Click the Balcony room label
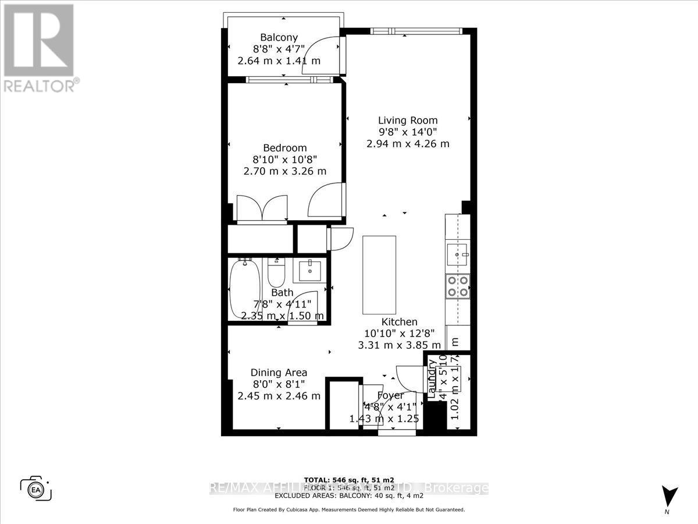(x=279, y=38)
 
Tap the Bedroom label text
(x=284, y=148)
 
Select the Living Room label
(x=407, y=121)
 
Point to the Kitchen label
(x=399, y=322)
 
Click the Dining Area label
(x=279, y=373)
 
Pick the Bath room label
(x=282, y=293)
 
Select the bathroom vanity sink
(x=309, y=271)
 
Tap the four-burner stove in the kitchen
(x=457, y=286)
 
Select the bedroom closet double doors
(x=263, y=208)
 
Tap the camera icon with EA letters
(x=36, y=487)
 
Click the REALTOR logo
(x=39, y=47)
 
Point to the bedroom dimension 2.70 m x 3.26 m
(x=284, y=171)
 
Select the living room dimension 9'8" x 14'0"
(x=407, y=132)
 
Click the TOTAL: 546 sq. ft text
(x=348, y=480)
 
